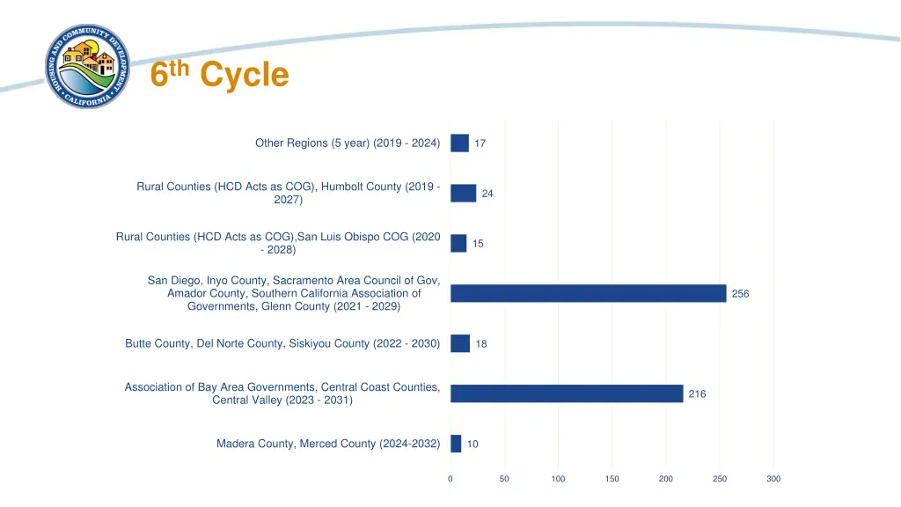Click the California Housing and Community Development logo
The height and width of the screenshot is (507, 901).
87,68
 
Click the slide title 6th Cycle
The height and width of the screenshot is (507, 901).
219,75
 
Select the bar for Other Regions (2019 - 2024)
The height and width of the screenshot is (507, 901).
459,143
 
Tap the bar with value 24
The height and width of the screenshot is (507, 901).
463,193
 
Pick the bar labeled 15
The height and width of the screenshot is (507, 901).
458,243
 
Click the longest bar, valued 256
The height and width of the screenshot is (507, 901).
588,293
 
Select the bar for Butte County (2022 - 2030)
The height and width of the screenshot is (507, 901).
460,343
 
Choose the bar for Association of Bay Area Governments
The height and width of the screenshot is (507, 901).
567,393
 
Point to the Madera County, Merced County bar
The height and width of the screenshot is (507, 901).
456,444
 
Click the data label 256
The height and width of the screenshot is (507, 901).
740,294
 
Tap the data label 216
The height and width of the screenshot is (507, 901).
697,394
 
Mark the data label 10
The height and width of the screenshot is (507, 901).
472,445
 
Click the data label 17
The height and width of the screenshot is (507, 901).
480,143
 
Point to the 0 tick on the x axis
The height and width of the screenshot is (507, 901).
450,479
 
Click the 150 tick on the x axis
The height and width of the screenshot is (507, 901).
612,479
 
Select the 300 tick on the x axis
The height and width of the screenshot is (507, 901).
773,479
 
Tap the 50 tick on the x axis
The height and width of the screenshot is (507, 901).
504,479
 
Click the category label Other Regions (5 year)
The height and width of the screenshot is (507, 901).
348,143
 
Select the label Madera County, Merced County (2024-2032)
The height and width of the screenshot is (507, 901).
328,444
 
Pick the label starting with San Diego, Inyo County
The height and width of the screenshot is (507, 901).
294,293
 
